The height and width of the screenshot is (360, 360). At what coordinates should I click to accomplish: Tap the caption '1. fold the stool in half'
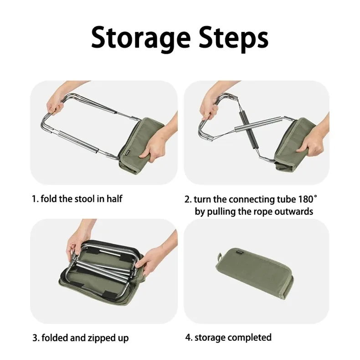(77, 199)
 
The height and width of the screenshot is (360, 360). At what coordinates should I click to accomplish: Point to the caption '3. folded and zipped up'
(80, 338)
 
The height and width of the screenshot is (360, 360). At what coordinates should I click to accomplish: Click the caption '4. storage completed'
(228, 337)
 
